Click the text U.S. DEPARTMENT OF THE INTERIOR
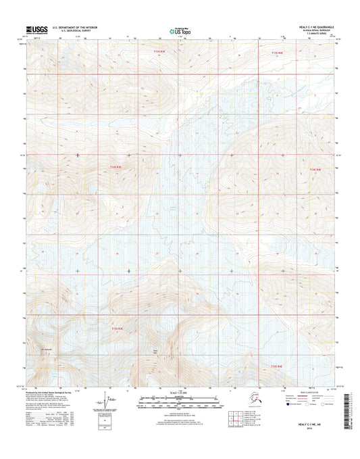point(80,27)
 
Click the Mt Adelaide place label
point(47,349)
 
